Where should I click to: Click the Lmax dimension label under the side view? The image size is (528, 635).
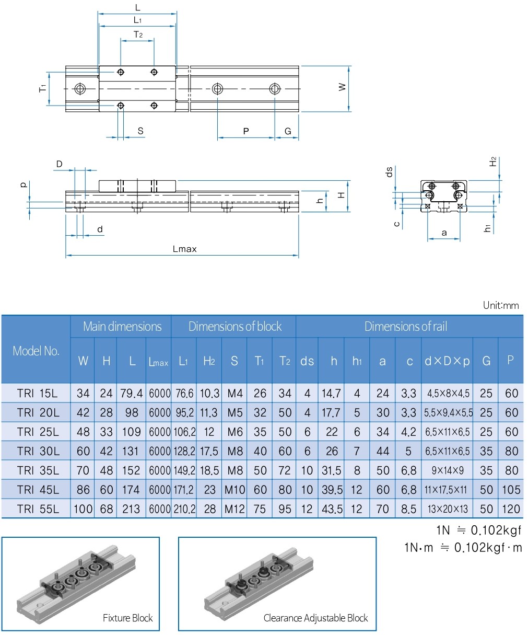click(x=184, y=249)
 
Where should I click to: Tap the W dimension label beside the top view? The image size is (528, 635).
click(x=342, y=87)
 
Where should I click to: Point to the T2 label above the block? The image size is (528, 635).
click(x=138, y=34)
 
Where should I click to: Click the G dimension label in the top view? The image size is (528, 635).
click(x=288, y=131)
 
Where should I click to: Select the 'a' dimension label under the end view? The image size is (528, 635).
click(x=444, y=233)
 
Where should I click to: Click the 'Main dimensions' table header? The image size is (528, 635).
click(x=122, y=326)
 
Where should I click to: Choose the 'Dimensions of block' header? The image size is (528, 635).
click(x=235, y=326)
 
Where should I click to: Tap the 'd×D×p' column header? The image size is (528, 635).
click(x=447, y=361)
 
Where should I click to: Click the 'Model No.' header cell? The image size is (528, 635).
click(x=36, y=351)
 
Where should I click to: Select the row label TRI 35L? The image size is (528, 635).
click(x=38, y=470)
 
